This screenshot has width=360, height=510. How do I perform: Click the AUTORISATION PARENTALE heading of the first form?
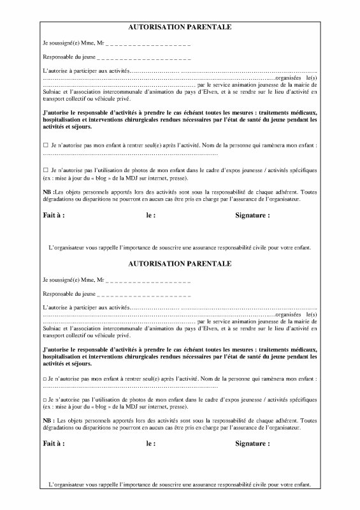pos(180,28)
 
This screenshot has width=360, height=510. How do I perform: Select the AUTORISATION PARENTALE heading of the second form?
pos(180,263)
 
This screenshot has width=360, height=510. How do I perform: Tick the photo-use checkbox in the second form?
pos(45,400)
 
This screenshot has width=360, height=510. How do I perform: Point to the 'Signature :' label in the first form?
pos(252,215)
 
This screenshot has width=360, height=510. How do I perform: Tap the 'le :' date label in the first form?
pos(150,215)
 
